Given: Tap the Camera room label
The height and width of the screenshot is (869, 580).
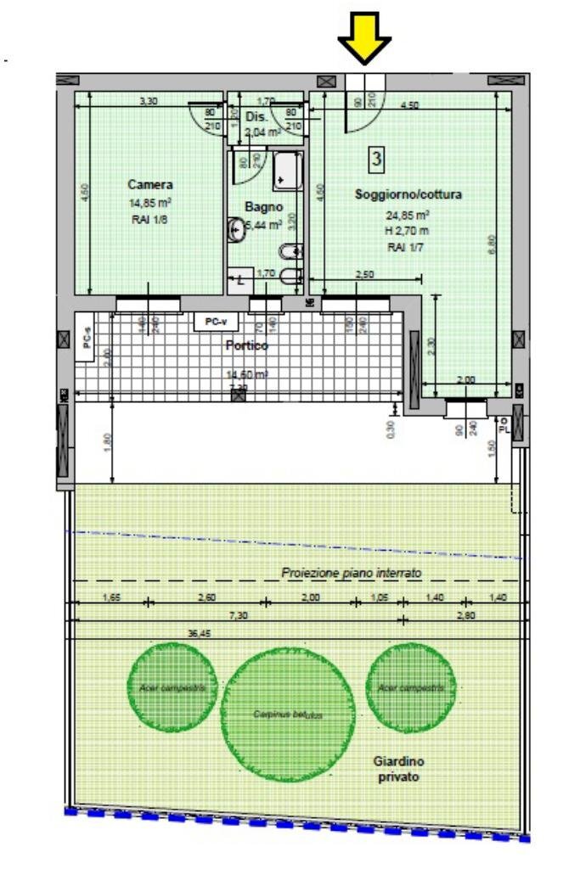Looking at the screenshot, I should pos(150,184).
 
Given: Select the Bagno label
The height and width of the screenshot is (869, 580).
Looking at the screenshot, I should pos(263,206).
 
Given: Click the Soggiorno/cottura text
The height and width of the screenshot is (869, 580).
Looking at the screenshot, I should pos(408,194).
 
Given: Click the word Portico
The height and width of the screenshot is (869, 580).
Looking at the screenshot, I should pos(246,345).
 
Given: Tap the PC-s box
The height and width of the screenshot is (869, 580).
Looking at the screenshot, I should pos(86,337).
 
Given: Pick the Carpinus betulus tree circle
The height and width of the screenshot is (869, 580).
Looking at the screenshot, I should pos(288,715).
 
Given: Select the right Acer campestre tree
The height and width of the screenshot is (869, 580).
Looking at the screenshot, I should pos(411,687).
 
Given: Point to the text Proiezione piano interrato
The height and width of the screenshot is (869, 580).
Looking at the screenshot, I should pos(351,574).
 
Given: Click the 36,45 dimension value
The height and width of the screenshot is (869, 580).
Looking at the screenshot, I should pos(200,632).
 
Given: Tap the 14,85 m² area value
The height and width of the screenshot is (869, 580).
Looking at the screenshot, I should pos(150,203).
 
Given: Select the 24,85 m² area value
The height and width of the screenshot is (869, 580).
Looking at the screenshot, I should pos(408,215).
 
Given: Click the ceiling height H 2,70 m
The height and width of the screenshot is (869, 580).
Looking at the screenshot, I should pos(408,230).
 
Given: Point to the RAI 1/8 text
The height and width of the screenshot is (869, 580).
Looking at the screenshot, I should pos(150,218).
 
